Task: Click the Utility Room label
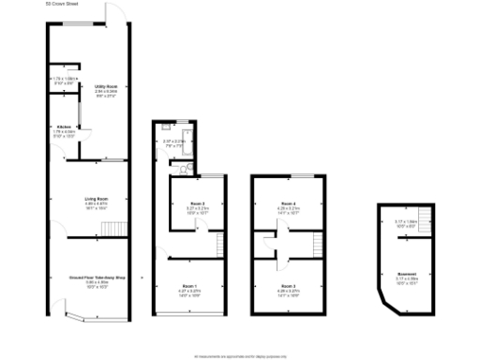coord(105,85)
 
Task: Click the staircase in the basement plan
coord(425,222)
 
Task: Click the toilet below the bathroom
coord(185,169)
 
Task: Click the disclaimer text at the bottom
coord(239,356)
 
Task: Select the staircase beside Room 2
coord(221,246)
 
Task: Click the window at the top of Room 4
coord(288,175)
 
